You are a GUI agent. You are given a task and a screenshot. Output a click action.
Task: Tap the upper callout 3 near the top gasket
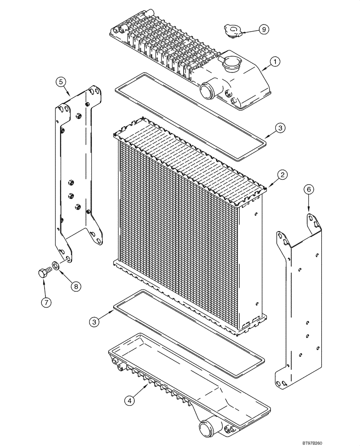pos(279,128)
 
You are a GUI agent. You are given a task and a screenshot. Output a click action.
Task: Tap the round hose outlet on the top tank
pos(208,91)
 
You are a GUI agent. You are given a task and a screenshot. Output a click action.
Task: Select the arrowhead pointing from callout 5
pos(69,95)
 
